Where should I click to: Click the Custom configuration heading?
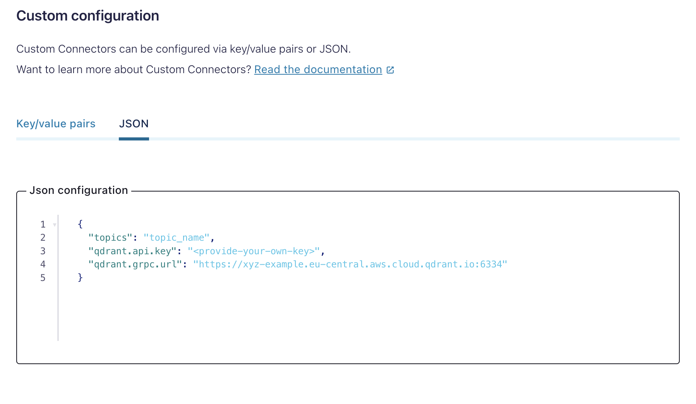87,16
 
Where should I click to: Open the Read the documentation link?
318,70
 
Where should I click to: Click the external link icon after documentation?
390,70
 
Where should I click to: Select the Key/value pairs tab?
56,124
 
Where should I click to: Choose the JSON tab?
134,124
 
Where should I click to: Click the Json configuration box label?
79,190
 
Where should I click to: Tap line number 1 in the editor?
43,224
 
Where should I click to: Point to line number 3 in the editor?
43,251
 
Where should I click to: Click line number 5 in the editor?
43,278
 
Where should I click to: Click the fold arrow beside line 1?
55,225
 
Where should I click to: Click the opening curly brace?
80,224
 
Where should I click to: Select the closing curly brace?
80,277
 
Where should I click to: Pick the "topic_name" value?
177,238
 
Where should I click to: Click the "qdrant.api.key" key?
132,251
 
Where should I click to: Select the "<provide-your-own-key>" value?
254,251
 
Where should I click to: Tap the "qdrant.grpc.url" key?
135,264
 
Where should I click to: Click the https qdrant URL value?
350,264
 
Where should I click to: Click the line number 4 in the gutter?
43,264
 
